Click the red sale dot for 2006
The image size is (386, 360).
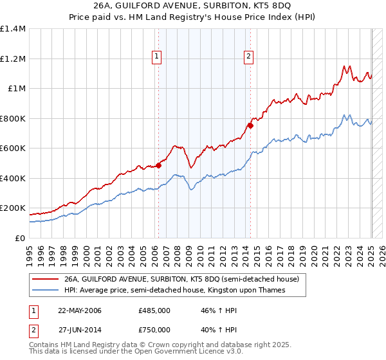(x=158, y=165)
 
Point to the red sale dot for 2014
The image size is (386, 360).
(x=250, y=125)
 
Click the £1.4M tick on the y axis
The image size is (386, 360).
(x=13, y=29)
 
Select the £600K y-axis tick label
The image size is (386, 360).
(x=13, y=148)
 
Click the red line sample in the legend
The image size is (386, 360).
(x=44, y=280)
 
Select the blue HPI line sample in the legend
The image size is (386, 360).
(x=44, y=290)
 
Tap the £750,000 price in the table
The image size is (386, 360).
(x=154, y=329)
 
